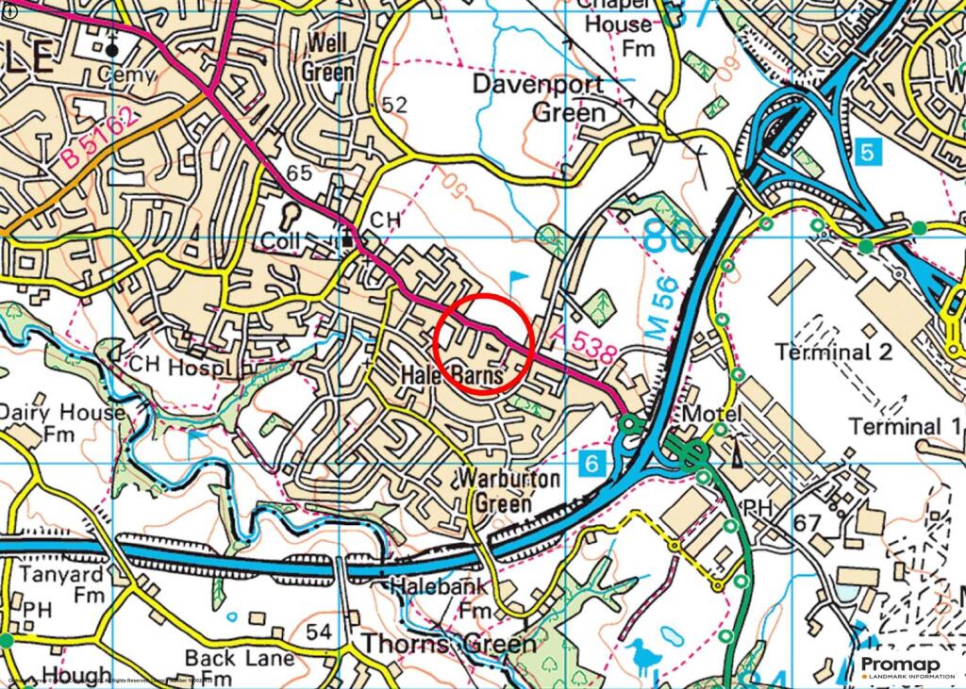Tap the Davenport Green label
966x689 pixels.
pos(540,98)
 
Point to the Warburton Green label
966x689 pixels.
pos(508,490)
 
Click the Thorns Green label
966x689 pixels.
pos(449,645)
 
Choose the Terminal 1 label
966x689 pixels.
pos(907,426)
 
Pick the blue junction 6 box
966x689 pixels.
pos(591,463)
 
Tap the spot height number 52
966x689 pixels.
pos(394,106)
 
